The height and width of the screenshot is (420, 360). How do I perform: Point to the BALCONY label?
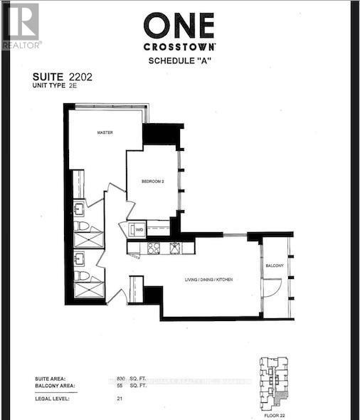[275, 266]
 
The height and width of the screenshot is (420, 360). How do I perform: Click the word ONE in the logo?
[179, 27]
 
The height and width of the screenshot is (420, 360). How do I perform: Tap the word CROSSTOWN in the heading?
[179, 47]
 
